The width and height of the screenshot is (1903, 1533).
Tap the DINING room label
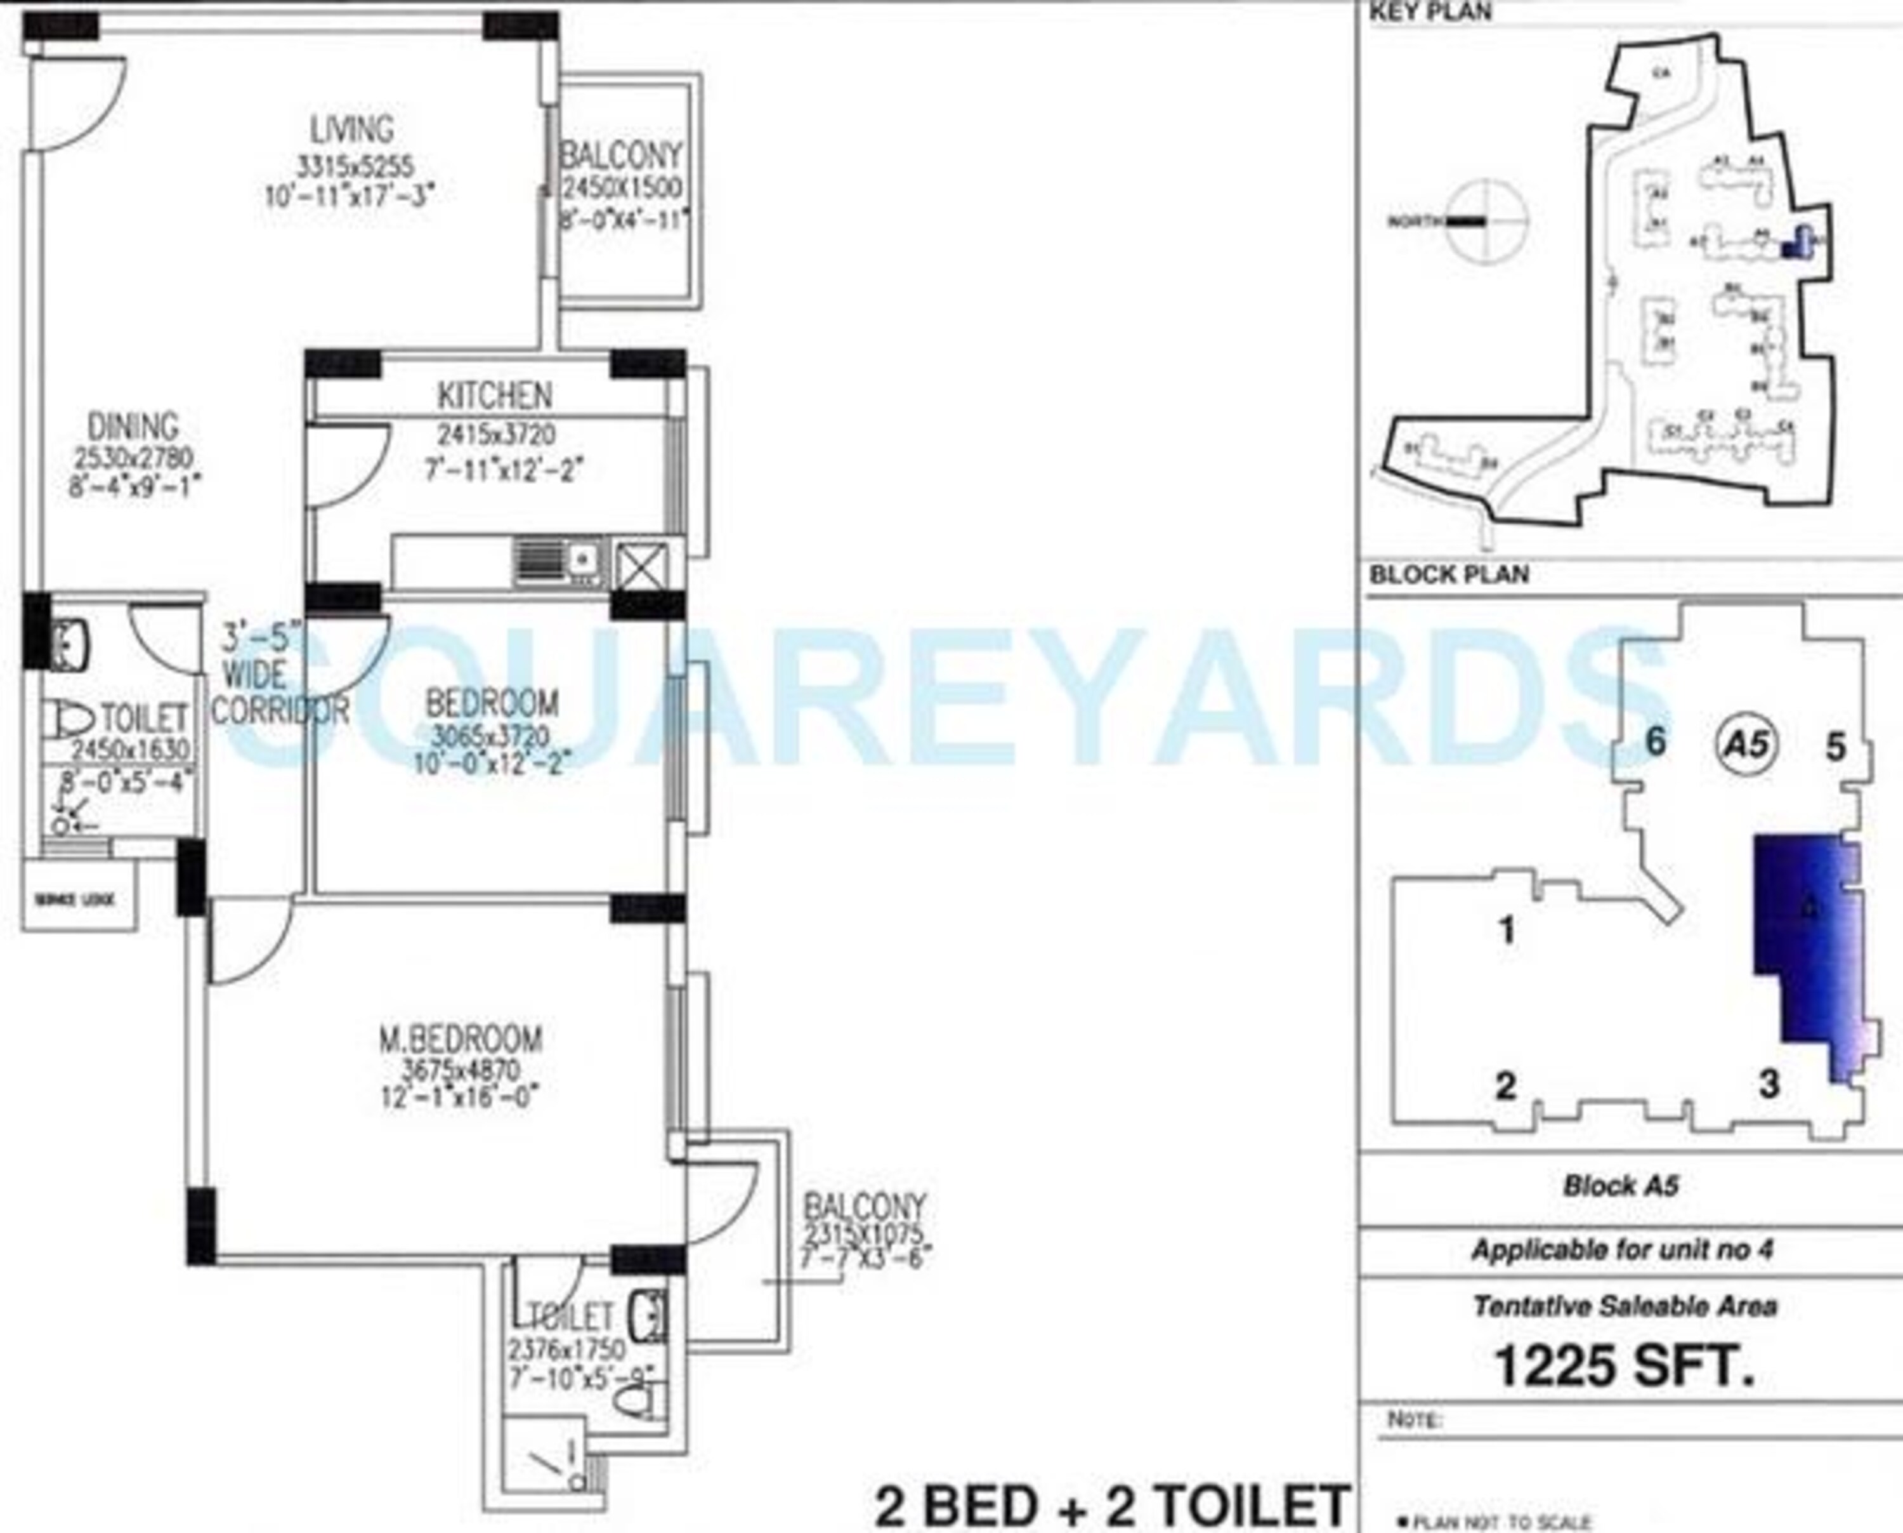click(133, 427)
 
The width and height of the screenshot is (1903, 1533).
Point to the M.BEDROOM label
click(461, 1039)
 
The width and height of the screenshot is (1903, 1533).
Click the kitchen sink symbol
click(559, 562)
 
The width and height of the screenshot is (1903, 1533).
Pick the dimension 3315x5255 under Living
click(355, 166)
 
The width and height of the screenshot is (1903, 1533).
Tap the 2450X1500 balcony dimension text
click(622, 188)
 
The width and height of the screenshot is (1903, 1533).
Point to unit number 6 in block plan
click(1656, 742)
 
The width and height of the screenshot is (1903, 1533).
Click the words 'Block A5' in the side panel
click(1621, 1186)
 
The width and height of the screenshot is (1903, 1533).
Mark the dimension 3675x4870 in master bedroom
click(461, 1070)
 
